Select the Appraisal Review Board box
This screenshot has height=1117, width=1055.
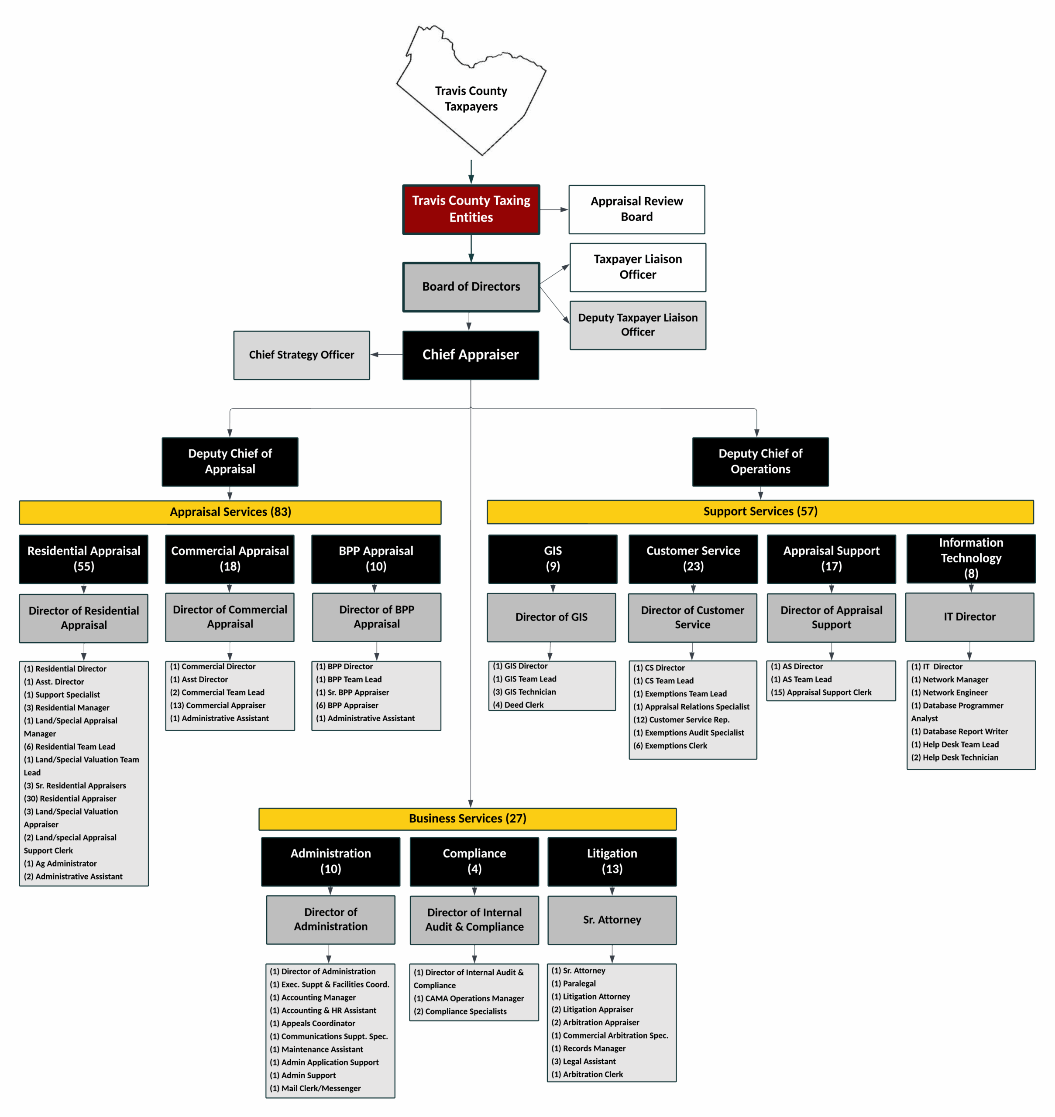click(636, 209)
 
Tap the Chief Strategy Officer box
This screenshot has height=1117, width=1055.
click(302, 355)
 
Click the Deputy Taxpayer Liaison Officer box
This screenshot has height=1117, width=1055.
click(637, 325)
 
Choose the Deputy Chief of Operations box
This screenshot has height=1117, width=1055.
click(760, 462)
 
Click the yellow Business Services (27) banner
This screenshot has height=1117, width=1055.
click(467, 819)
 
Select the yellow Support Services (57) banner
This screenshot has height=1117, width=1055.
click(760, 511)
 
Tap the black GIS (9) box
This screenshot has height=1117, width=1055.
click(552, 559)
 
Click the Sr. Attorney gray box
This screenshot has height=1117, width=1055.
click(612, 920)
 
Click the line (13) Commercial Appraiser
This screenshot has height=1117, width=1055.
click(218, 705)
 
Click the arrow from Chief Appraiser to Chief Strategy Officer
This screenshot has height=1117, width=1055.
click(386, 355)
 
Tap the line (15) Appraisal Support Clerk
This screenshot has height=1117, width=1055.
click(821, 692)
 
